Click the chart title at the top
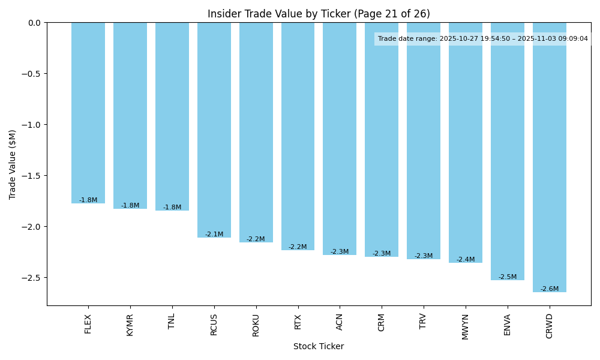319,14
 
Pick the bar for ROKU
256,132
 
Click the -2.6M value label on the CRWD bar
550,289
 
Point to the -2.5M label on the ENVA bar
508,277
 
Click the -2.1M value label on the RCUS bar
214,235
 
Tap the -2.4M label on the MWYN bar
466,260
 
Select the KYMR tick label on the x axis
130,325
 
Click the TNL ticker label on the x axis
172,321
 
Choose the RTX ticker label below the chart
298,322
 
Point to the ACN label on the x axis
340,322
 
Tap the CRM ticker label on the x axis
382,322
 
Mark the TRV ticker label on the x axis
424,322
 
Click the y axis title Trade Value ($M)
13,164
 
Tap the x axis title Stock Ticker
319,346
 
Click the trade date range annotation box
483,39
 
